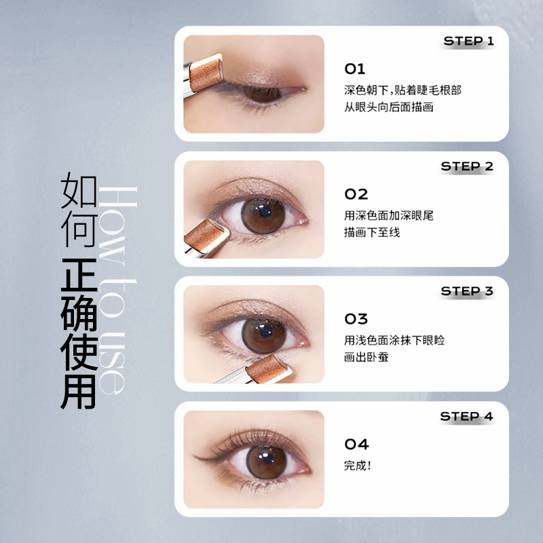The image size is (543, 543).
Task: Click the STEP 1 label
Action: (x=468, y=41)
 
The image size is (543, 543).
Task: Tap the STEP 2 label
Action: (x=467, y=166)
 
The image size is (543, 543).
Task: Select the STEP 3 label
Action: (x=467, y=291)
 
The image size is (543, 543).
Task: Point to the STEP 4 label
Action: (x=466, y=416)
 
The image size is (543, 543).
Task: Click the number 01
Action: (x=354, y=69)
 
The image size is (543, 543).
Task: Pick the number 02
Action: (x=356, y=194)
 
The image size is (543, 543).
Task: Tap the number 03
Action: (x=356, y=319)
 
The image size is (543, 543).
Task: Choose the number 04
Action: (x=357, y=445)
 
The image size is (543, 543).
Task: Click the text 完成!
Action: (x=358, y=466)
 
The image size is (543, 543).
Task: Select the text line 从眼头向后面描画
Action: (x=388, y=107)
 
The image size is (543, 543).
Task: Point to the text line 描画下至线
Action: (x=372, y=232)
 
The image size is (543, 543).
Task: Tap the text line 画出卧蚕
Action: (x=367, y=357)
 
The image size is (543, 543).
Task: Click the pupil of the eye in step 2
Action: (x=264, y=211)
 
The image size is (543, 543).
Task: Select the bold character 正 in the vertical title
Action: (x=79, y=275)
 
